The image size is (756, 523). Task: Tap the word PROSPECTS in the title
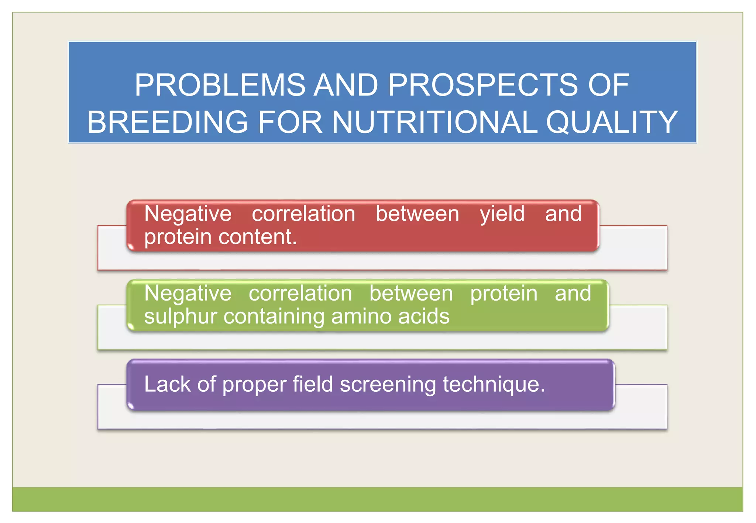[482, 85]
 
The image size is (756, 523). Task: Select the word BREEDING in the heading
[167, 122]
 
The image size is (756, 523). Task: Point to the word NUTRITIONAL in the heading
[434, 122]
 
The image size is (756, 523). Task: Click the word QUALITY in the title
[611, 122]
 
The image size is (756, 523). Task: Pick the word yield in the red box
[502, 214]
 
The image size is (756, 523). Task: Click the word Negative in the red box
[188, 214]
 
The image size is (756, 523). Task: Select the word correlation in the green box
[300, 294]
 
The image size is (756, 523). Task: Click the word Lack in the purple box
[167, 384]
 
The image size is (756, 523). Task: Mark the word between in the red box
[417, 214]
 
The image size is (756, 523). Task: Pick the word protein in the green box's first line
[504, 294]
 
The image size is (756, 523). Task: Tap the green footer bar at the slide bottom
[377, 499]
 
